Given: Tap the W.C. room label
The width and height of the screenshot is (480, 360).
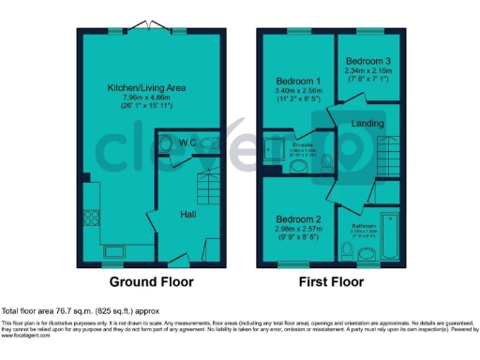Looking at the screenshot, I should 187,142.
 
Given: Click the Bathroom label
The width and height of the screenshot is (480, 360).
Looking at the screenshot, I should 364,226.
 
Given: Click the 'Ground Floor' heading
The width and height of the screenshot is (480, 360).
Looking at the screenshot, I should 151,281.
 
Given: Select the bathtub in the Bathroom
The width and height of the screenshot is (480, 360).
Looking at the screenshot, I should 391,235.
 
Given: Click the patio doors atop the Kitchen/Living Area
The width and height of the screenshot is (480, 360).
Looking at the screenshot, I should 151,27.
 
